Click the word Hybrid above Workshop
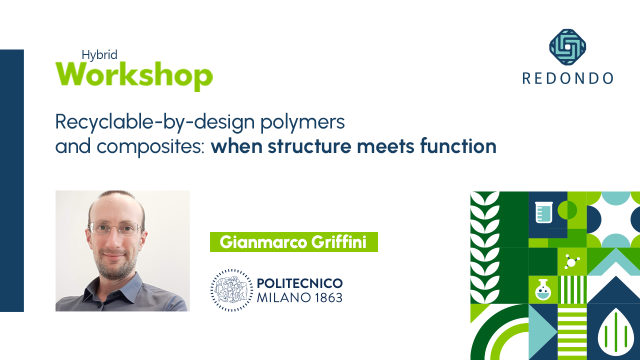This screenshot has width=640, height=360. (x=99, y=55)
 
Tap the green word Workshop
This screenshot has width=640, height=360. (x=134, y=75)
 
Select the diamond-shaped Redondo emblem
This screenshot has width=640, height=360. (x=567, y=47)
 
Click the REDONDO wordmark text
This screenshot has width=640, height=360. (x=567, y=78)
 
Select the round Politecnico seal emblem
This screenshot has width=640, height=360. (x=231, y=290)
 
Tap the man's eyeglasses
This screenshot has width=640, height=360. (x=115, y=228)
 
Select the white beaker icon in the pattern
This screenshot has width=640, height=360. (x=543, y=212)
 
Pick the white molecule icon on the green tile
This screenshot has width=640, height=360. (x=571, y=261)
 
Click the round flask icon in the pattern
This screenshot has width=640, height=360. (x=543, y=290)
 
